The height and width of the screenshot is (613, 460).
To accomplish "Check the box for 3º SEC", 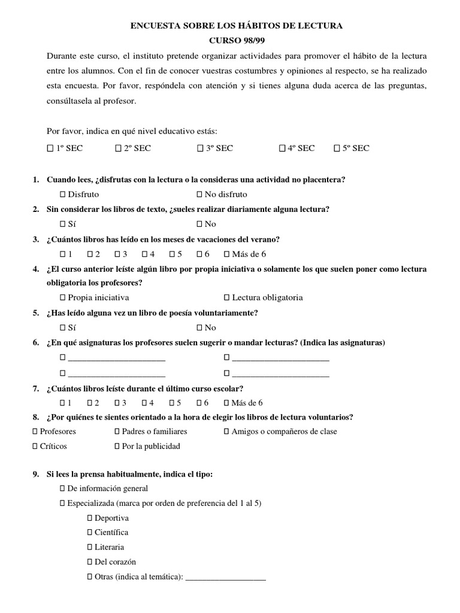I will click(200, 148).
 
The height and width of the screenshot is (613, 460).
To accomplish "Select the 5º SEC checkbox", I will click(337, 148).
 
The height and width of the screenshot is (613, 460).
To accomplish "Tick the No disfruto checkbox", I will click(200, 195).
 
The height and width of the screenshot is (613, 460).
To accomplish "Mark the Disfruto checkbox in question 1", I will click(63, 195).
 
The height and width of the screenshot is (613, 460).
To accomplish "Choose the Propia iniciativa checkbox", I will click(63, 298).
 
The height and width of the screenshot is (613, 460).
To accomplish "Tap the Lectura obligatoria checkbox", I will click(227, 298).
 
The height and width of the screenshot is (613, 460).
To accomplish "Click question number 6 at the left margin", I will click(36, 342).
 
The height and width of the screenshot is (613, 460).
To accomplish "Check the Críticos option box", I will click(35, 446).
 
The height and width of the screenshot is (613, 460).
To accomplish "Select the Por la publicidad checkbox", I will click(117, 446).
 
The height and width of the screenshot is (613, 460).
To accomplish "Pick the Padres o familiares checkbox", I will click(117, 431).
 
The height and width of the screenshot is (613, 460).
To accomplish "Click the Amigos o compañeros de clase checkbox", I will click(227, 431).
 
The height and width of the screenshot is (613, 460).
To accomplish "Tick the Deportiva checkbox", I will click(90, 518).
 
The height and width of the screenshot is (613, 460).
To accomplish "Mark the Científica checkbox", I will click(90, 532).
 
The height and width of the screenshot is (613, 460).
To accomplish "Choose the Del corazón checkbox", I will click(90, 562).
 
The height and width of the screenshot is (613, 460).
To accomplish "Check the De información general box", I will click(63, 488).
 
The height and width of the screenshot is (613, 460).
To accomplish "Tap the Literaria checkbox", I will click(90, 547).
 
